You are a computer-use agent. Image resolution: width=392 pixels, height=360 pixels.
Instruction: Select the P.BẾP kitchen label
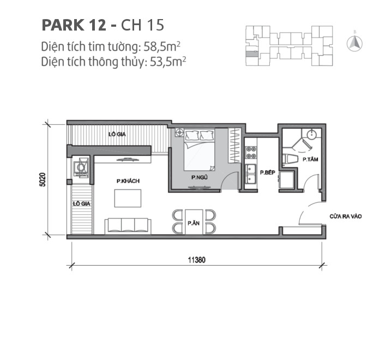(266, 172)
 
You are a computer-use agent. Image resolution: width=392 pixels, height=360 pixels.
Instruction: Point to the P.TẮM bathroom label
(310, 159)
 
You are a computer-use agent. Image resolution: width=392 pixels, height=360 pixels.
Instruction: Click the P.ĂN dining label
(193, 223)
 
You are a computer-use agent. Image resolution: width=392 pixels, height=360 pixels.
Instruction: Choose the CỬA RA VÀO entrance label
(346, 217)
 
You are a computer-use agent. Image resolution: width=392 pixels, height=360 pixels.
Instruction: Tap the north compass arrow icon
(355, 42)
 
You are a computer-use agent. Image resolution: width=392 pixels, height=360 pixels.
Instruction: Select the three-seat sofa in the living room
(128, 225)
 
